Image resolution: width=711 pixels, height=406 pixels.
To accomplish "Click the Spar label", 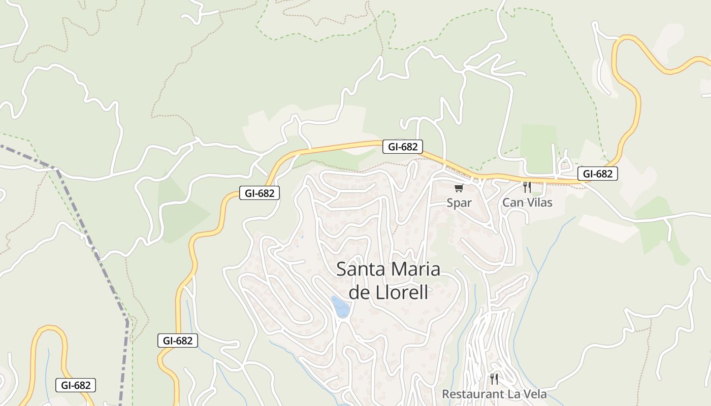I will coord(459,202).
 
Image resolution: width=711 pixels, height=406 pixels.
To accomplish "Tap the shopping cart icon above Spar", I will coord(459,188).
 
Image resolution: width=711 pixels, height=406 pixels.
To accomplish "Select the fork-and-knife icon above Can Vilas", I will coord(527,187).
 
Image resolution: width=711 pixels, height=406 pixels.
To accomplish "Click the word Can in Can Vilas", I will coord(512,202).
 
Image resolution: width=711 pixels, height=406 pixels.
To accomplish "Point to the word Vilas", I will coord(538,202).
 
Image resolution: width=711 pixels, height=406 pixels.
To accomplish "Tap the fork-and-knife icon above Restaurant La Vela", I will coord(494,379).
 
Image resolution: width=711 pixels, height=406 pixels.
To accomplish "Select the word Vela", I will coord(534,394).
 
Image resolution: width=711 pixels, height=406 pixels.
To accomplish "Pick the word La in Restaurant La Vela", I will coord(513,394).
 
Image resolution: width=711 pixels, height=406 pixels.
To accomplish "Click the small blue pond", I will coord(340,307).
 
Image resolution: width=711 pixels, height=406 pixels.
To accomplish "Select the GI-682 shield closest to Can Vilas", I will coord(597,174).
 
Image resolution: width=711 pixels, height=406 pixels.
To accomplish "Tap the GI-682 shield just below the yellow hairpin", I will coord(76,385).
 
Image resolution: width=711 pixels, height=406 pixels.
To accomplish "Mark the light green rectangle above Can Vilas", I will coord(539,147).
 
